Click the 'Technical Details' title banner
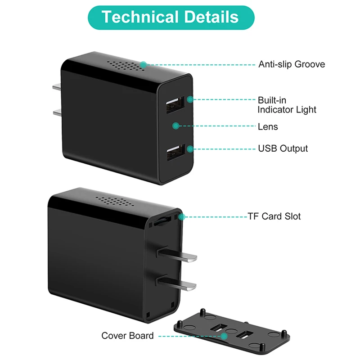171,18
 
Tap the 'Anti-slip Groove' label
292,64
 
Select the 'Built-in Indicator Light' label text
287,105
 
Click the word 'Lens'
268,126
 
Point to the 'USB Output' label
283,148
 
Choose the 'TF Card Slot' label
274,216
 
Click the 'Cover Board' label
127,336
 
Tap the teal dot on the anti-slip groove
144,65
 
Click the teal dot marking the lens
175,126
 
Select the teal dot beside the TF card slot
182,217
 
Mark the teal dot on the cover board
224,336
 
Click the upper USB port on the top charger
175,105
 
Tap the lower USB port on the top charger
176,152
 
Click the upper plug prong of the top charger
57,87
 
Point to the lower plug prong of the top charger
57,112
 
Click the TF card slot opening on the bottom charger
162,220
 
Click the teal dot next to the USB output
190,149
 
